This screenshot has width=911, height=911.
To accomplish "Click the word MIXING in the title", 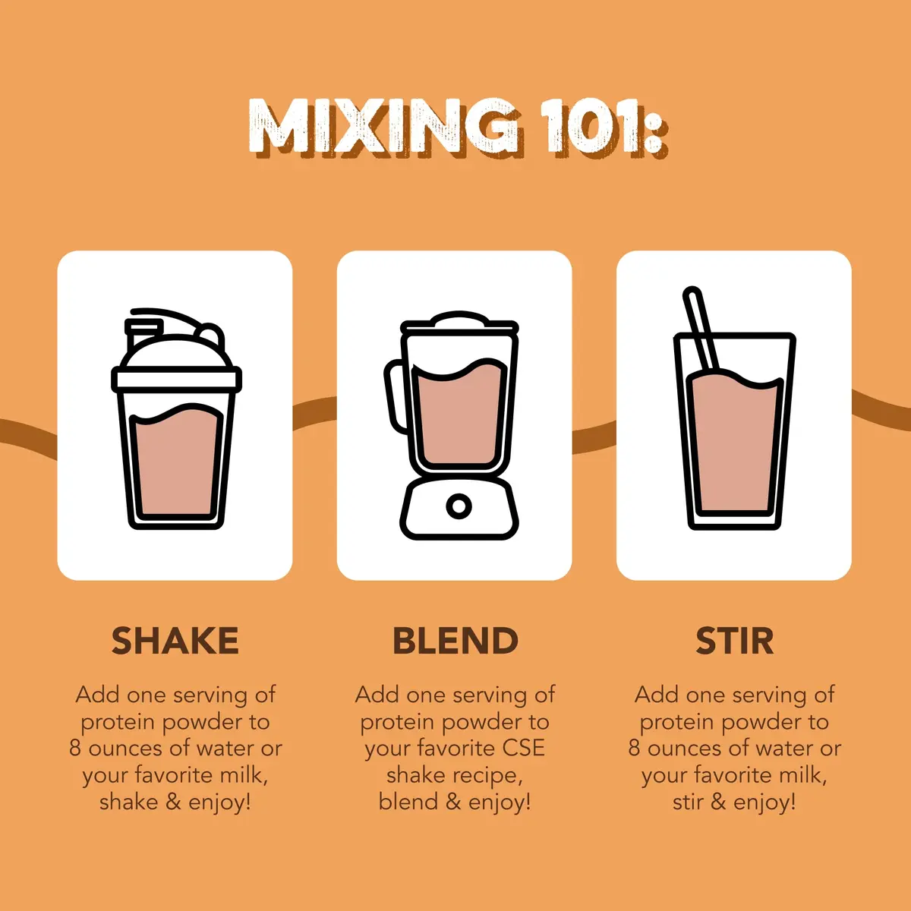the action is point(383,127).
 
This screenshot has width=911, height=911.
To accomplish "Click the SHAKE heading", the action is point(175,641).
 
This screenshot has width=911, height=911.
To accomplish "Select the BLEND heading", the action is point(455,641).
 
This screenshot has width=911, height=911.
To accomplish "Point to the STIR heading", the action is point(734,641).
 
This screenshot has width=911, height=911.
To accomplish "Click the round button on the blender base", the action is point(459,506).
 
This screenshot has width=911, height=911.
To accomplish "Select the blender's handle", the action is point(396,396).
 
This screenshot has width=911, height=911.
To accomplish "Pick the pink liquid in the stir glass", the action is point(734,442).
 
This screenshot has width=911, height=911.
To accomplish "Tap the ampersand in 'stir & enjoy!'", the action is point(717,802).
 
